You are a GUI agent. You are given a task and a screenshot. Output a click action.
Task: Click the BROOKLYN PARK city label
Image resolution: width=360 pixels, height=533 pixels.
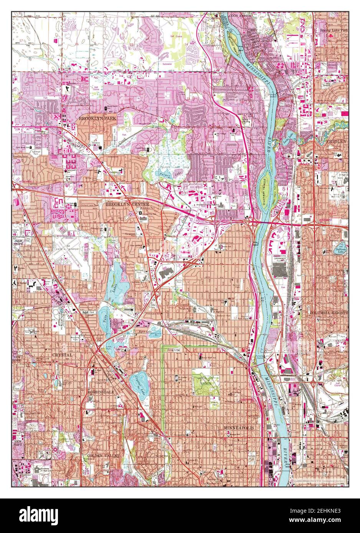(97, 119)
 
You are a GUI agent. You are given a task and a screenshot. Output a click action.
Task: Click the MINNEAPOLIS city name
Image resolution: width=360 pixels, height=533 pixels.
(240, 427)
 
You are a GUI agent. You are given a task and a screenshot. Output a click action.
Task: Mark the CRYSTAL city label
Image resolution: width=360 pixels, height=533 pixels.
(62, 355)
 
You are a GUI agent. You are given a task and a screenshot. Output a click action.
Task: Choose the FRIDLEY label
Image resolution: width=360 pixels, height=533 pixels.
(336, 141)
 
